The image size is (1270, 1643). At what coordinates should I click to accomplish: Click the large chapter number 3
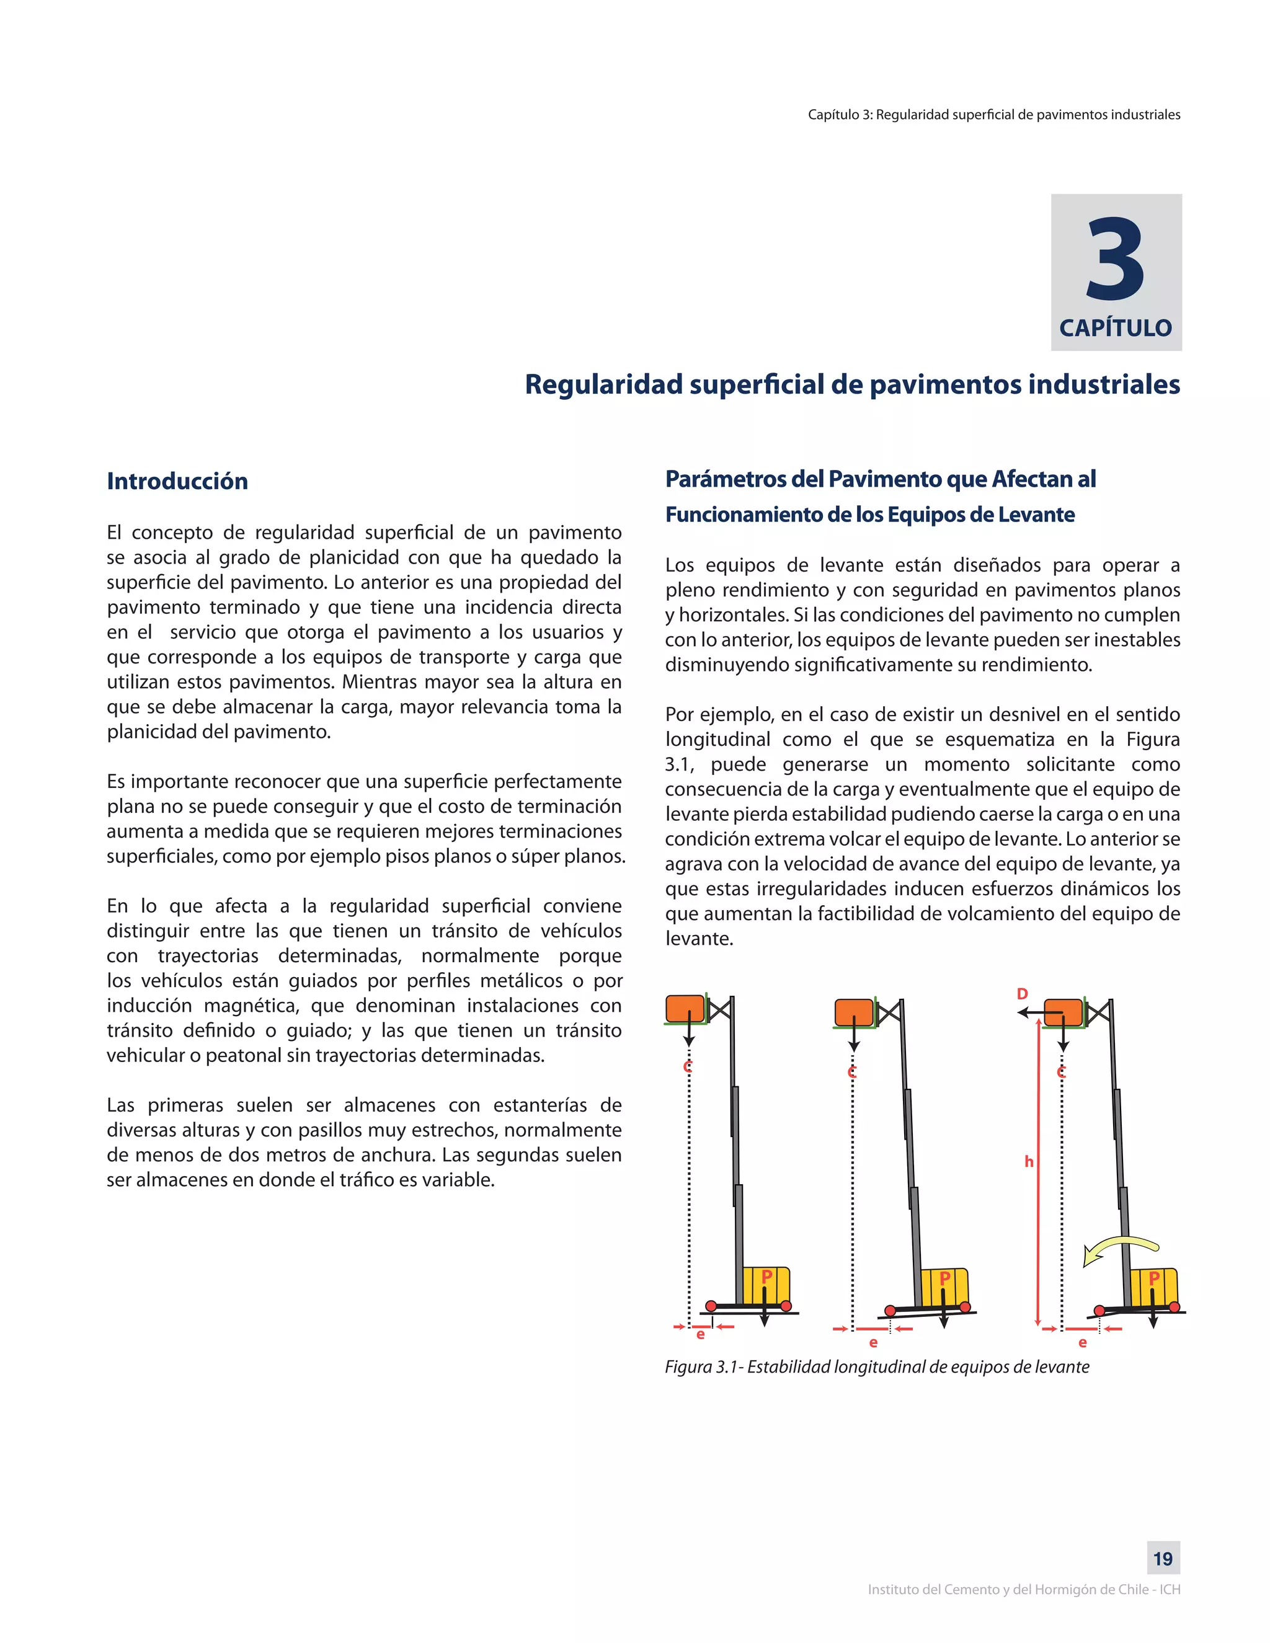click(x=1116, y=260)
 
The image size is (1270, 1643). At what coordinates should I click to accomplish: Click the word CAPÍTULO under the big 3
click(x=1115, y=328)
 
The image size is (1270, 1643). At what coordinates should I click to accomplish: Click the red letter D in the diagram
click(x=1022, y=994)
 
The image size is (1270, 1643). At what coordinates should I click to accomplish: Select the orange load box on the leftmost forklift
click(x=685, y=1009)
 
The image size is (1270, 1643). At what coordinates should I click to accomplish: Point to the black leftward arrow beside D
click(x=1037, y=1013)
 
